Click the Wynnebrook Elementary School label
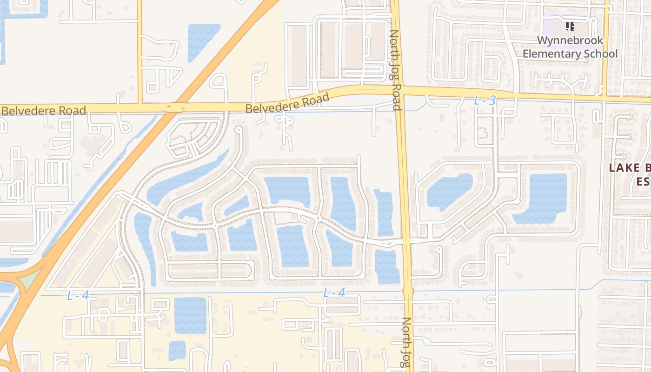coord(570,47)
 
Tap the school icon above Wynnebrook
coord(570,27)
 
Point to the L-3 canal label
coord(485,100)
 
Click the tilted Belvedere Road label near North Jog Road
coord(287,103)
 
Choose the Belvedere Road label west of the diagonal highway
coord(44,111)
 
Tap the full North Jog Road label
coord(395,70)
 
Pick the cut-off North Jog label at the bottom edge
coord(406,344)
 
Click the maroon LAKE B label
coord(630,168)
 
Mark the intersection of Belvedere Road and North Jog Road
coord(397,90)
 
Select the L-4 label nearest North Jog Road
coord(334,292)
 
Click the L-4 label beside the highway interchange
coord(78,295)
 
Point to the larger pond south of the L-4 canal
coord(190,315)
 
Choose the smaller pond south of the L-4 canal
coord(177,350)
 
